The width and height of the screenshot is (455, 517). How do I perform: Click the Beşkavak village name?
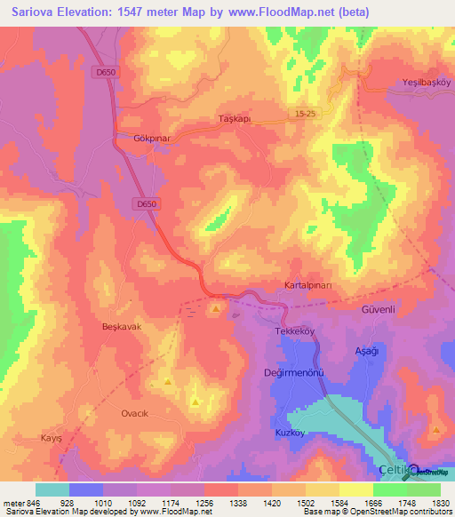123,327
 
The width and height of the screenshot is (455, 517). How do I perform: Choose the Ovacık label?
137,414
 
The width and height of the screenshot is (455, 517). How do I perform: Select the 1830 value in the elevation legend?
439,503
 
